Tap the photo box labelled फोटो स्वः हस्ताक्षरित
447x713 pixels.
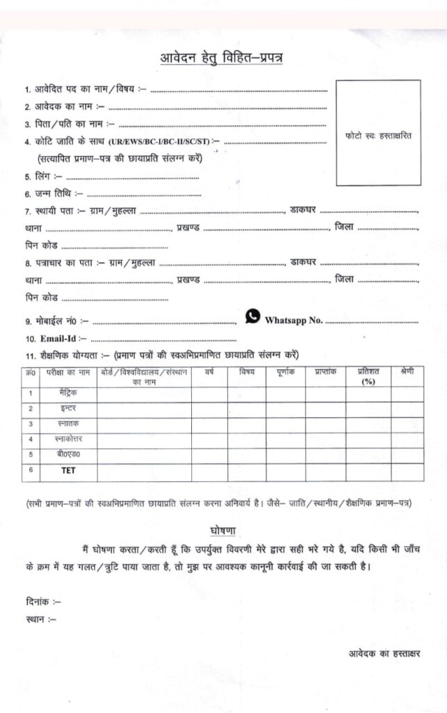378,133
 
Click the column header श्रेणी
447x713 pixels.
407,373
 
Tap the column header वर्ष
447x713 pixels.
209,373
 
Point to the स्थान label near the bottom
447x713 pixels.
40,618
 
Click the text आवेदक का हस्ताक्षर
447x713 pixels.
385,653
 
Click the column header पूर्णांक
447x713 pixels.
285,373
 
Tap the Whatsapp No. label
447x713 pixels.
293,320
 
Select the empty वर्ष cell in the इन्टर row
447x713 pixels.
209,409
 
